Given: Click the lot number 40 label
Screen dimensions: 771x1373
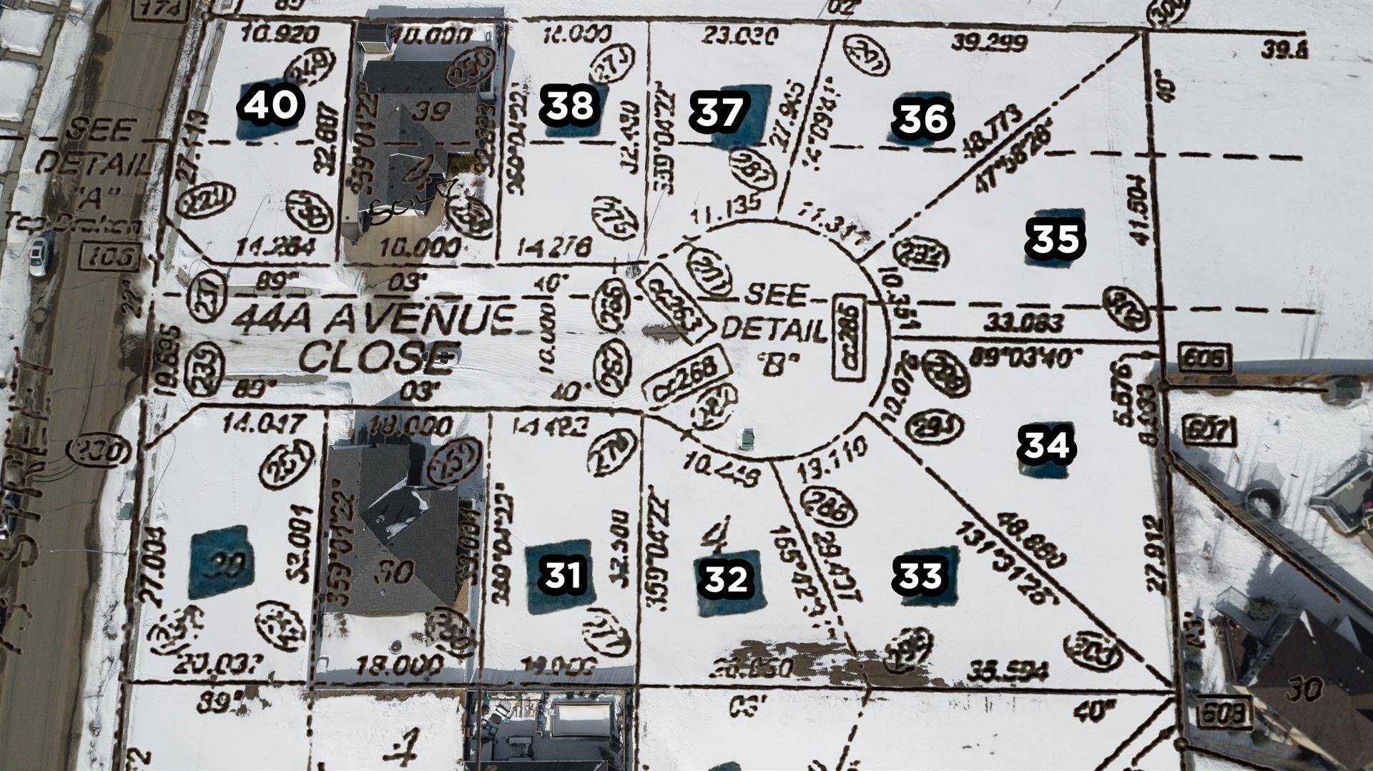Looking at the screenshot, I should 270,106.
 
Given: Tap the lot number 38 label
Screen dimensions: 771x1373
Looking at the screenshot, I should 569,106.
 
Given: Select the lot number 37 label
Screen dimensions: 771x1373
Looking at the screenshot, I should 719,112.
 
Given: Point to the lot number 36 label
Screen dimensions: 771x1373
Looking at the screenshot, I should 924,119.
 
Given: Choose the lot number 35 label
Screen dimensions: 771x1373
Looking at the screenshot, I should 1055,238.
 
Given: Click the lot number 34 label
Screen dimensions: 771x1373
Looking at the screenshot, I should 1047,444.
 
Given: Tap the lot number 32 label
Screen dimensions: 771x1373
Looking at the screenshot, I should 726,579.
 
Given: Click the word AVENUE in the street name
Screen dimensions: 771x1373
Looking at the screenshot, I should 420,320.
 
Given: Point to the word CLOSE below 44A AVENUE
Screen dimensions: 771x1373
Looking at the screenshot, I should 378,357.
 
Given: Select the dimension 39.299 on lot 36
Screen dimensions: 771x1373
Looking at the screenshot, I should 989,42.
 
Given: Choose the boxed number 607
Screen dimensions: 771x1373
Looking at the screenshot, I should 1208,431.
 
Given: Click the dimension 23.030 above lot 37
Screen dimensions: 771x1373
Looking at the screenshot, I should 739,35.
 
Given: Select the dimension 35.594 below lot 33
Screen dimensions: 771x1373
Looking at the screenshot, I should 1007,672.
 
